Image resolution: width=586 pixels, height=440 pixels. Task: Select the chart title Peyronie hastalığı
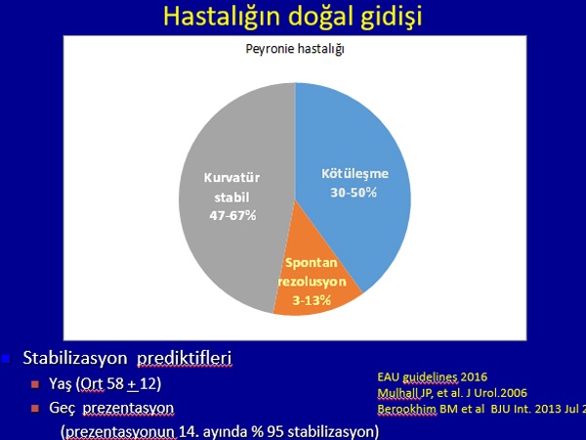pyautogui.click(x=295, y=50)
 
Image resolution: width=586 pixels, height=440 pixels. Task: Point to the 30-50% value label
pyautogui.click(x=354, y=193)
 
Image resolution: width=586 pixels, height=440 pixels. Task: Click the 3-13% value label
pyautogui.click(x=312, y=300)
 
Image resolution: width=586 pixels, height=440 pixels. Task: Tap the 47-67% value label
pyautogui.click(x=232, y=215)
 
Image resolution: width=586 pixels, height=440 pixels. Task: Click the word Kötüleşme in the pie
pyautogui.click(x=356, y=174)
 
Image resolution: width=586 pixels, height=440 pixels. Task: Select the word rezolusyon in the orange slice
pyautogui.click(x=313, y=282)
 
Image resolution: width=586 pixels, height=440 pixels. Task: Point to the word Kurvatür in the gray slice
pyautogui.click(x=231, y=177)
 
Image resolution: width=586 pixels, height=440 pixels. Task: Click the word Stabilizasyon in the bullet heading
pyautogui.click(x=75, y=358)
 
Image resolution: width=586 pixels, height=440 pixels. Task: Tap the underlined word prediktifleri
pyautogui.click(x=185, y=359)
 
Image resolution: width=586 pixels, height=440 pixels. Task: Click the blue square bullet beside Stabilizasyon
pyautogui.click(x=6, y=359)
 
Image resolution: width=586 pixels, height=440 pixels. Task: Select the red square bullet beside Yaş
pyautogui.click(x=35, y=384)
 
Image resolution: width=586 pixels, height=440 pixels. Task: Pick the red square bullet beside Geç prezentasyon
pyautogui.click(x=35, y=408)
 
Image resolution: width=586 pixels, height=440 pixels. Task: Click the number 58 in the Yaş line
pyautogui.click(x=115, y=383)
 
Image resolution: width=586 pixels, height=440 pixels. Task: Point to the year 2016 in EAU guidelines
pyautogui.click(x=474, y=376)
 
